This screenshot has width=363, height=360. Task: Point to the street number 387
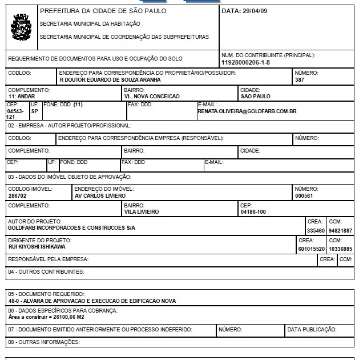pos(300,80)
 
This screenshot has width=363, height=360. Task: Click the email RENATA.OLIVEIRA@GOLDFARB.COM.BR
pos(247,111)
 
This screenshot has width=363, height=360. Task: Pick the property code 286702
pos(17,195)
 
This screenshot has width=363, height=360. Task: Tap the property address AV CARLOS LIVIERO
pos(100,195)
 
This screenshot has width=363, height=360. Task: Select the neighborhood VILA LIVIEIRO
pos(142,211)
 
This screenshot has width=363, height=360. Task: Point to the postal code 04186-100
pos(253,211)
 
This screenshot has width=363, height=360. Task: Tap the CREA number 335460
pos(316,231)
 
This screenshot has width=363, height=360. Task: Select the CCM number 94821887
pos(341,231)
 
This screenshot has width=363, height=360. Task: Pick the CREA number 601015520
pos(312,249)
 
